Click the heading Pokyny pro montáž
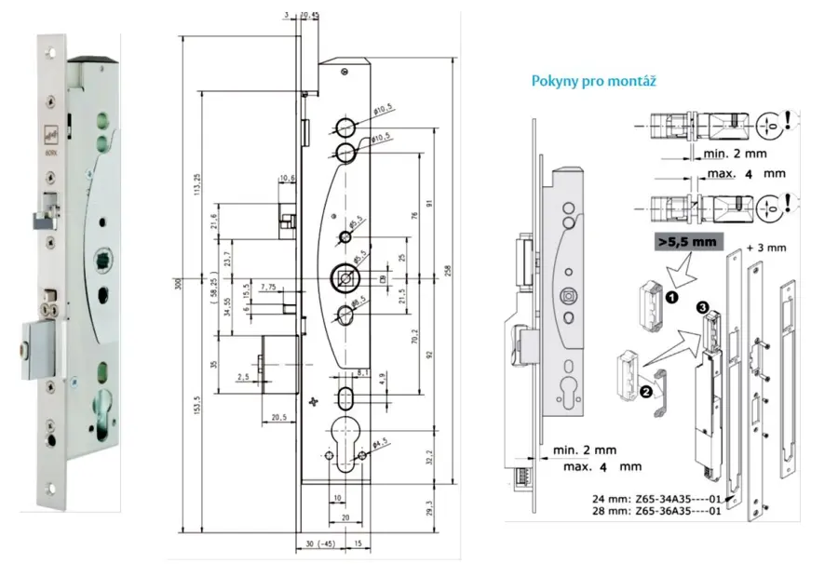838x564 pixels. point(594,81)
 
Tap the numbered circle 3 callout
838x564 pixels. point(702,306)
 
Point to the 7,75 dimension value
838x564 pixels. point(269,286)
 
